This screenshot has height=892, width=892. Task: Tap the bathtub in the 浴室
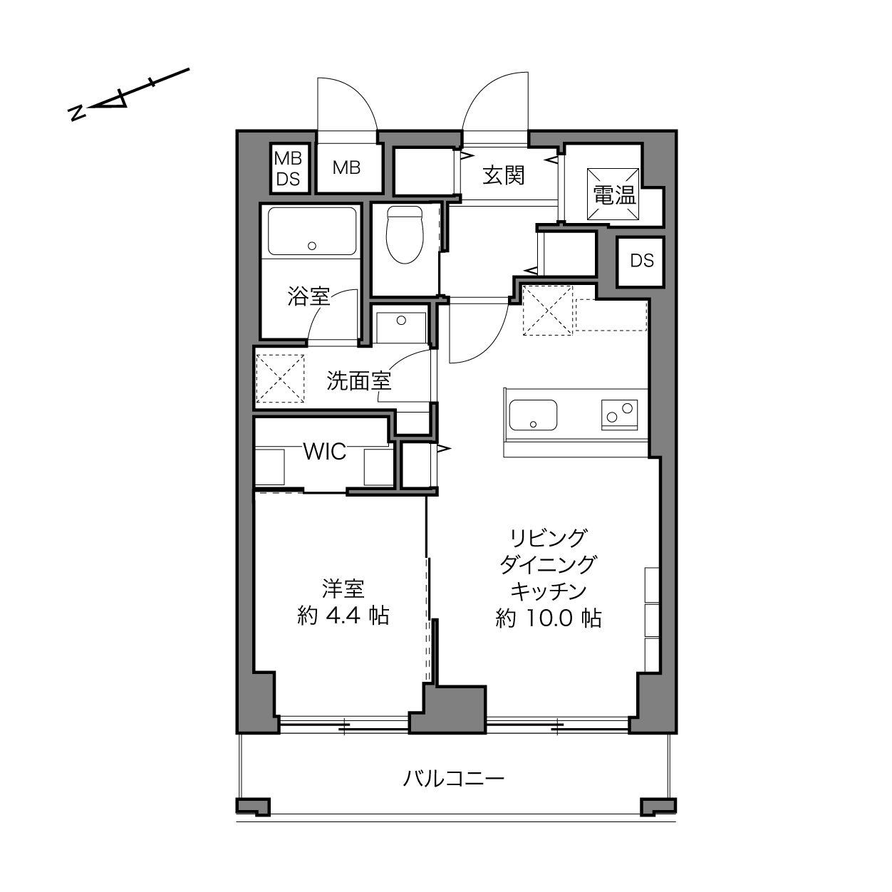pos(312,231)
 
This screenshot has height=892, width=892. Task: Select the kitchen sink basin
pos(533,415)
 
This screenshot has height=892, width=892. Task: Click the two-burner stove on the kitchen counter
pos(619,415)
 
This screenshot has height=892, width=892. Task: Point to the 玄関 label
pos(504,175)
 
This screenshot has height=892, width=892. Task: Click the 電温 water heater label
pos(615,195)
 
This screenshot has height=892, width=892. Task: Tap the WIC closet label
pos(324,451)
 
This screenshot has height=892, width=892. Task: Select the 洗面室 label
pos(359,380)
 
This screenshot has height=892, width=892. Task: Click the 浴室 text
pos(308,296)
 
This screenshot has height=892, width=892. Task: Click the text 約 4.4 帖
pos(343,616)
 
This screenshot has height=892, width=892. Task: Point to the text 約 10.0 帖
pos(549,618)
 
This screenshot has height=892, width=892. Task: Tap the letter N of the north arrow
pos(77,113)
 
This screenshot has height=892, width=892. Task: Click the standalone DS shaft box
pos(641,261)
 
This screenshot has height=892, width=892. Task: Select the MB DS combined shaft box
pos(289,168)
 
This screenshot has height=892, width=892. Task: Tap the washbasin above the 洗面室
pos(401,328)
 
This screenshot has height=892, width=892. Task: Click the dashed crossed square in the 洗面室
pos(281,378)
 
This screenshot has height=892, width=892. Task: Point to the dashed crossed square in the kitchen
pos(548,310)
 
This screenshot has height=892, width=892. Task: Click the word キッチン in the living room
pos(549,591)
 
